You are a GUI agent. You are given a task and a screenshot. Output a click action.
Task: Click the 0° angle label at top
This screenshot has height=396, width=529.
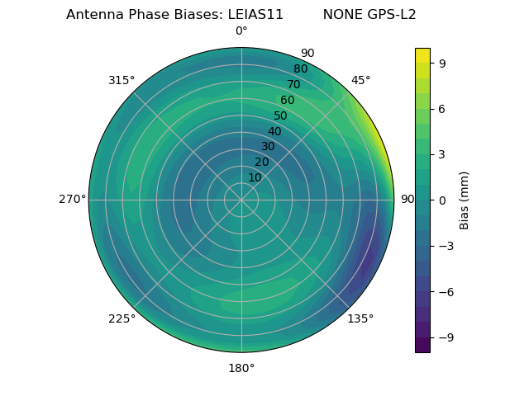241,31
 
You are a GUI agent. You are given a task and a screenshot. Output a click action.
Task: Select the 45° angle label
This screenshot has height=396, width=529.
360,81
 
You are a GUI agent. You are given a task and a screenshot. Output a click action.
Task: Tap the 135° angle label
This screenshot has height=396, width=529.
360,318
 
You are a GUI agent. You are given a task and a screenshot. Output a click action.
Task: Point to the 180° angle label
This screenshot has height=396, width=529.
241,368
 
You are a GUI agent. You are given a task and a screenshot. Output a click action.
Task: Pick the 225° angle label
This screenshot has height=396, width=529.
122,319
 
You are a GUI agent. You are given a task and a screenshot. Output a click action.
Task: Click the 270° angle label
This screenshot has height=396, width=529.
72,200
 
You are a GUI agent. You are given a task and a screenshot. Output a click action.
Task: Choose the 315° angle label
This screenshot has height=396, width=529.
122,81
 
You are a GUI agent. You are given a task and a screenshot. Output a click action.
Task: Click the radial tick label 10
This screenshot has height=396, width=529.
255,177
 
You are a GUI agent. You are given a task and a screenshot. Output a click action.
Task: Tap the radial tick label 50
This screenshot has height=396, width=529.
281,116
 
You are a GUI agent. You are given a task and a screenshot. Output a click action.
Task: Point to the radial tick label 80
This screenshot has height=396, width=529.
300,69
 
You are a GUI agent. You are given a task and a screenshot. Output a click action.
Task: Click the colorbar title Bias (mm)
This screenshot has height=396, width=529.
465,200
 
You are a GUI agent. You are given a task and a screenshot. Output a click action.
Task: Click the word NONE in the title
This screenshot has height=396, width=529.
339,15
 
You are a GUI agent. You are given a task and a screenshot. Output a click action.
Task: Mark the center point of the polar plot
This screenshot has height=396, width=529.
241,200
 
